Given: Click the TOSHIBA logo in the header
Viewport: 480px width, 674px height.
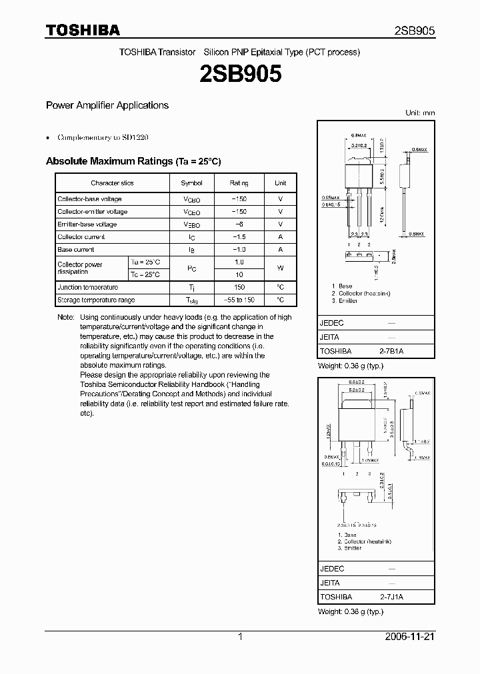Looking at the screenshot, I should (x=83, y=31).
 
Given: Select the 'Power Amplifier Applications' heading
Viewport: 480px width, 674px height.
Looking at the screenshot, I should (x=107, y=105).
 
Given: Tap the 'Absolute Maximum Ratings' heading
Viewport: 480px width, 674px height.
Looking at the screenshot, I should (x=133, y=162).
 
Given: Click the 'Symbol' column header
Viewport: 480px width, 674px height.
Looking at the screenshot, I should (x=191, y=183).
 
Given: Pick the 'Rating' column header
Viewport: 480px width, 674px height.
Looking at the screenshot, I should (x=239, y=183).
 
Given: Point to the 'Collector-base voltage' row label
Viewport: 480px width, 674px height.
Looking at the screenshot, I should (x=89, y=199).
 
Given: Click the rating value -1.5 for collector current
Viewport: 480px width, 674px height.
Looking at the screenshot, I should (x=239, y=237).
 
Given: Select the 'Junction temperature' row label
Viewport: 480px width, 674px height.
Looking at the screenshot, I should (x=87, y=287).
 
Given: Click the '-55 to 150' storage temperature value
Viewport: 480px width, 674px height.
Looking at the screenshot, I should (x=239, y=300).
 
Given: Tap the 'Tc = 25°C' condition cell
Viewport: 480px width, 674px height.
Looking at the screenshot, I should (x=145, y=274).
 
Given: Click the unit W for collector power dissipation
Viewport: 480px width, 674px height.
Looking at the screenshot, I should (x=280, y=268).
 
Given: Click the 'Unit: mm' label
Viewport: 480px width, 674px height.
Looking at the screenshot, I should (x=420, y=113).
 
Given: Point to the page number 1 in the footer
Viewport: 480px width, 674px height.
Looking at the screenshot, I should (x=240, y=637).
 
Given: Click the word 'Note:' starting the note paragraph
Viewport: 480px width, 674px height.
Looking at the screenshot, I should (x=66, y=318).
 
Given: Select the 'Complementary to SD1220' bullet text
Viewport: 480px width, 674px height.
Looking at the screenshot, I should (x=103, y=137).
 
